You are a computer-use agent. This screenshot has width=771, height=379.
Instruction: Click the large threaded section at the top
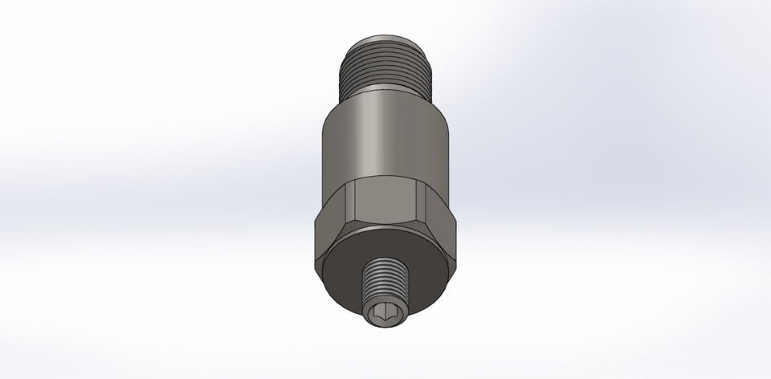385,64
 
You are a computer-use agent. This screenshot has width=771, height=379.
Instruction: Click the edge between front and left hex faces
351,205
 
